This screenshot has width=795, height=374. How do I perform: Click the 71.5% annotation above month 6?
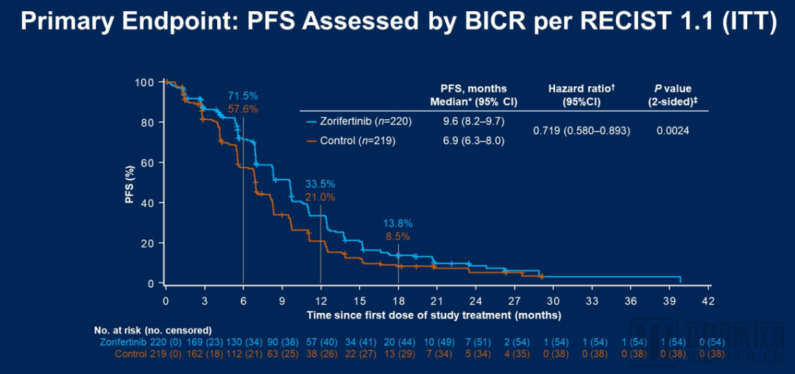[242, 96]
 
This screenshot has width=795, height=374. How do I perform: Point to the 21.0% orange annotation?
[320, 197]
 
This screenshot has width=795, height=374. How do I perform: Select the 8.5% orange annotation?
[397, 236]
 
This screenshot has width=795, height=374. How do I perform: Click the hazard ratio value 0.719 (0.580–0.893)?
[581, 130]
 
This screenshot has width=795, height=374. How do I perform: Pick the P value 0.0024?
[673, 130]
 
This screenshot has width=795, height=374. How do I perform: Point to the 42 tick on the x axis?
[708, 301]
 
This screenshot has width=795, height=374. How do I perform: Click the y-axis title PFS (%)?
[129, 183]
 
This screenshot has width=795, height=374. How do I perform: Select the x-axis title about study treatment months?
[434, 315]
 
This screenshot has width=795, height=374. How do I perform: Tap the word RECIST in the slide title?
[647, 23]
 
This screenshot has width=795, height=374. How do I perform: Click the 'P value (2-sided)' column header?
[673, 95]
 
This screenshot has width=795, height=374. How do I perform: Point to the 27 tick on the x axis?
[514, 301]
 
